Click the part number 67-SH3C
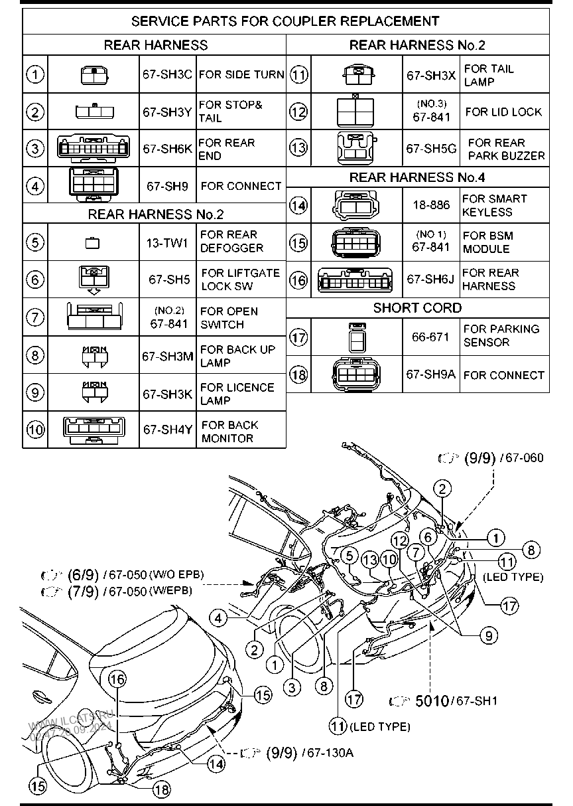click(167, 75)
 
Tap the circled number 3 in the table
click(34, 148)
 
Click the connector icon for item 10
click(94, 430)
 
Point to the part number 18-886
click(431, 205)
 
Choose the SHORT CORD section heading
click(417, 308)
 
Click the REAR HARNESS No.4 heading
click(417, 177)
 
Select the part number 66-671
click(430, 337)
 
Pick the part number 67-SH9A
click(431, 374)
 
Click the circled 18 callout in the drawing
click(160, 789)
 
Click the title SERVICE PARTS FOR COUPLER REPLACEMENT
click(285, 21)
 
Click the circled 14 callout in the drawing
click(216, 764)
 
